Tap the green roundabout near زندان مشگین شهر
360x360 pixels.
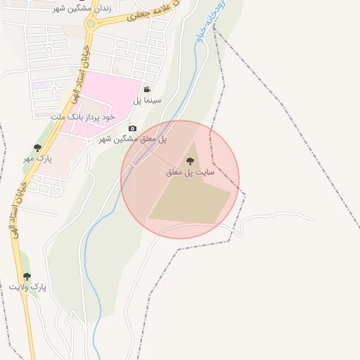click(90, 24)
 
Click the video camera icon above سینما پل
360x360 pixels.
click(148, 89)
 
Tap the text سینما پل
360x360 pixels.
click(148, 101)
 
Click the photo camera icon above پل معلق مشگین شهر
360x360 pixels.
click(132, 128)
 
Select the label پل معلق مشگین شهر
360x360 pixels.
click(132, 139)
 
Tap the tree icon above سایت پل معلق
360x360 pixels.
click(189, 162)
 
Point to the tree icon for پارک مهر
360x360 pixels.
click(37, 148)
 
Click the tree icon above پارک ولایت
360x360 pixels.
click(27, 276)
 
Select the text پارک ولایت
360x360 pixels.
click(27, 288)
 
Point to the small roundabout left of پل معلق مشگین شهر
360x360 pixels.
click(89, 140)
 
